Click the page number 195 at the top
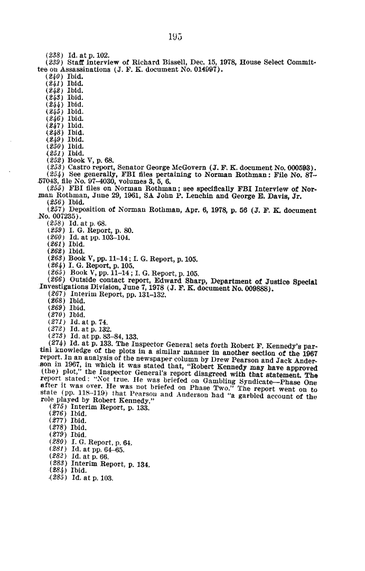pyautogui.click(x=175, y=36)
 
